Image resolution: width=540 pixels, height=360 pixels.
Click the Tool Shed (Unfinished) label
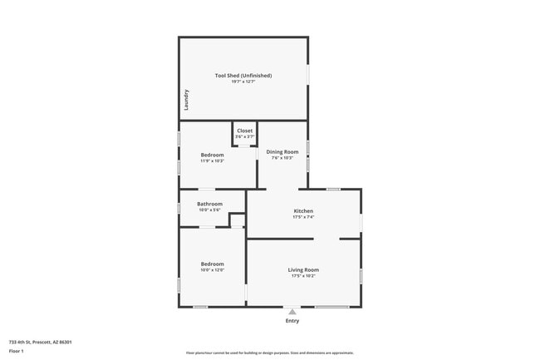pos(243,76)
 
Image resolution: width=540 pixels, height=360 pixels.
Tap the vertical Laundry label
pos(187,100)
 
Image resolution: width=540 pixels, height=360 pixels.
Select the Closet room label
pos(244,131)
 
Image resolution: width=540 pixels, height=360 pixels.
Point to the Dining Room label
pos(282,151)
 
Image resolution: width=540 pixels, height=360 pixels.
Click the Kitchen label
pos(303,211)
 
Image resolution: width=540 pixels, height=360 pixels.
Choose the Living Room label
pos(303,269)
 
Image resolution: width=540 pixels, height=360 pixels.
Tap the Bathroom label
pos(209,204)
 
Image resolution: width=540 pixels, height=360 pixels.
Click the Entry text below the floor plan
pos(292,320)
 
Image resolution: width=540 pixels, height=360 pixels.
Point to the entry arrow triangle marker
pos(292,312)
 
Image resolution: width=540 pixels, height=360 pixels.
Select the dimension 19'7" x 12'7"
pos(243,81)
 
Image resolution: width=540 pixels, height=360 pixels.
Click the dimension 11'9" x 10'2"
pos(212,160)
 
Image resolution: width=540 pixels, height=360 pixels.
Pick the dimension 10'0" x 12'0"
pos(212,269)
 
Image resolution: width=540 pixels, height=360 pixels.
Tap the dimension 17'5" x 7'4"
pos(303,217)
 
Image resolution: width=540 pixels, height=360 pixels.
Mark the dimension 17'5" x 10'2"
pos(303,275)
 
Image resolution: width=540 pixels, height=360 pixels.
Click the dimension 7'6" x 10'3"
pos(282,157)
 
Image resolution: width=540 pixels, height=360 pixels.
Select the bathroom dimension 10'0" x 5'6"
pos(209,210)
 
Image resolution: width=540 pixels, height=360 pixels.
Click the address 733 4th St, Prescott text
pos(40,342)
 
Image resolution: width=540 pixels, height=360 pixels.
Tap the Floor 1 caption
pos(16,351)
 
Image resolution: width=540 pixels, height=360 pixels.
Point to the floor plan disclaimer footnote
pos(269,353)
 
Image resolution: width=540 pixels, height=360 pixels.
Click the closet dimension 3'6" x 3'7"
pos(244,136)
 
